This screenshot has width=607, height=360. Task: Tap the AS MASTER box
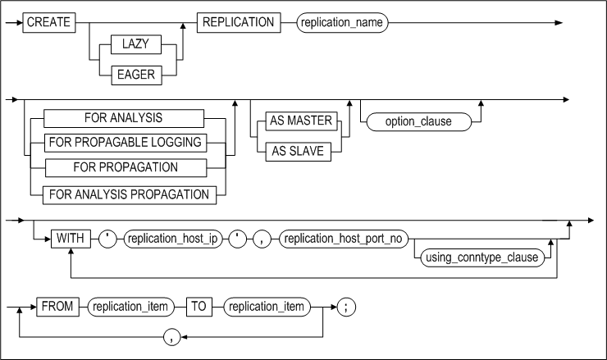[x=299, y=121]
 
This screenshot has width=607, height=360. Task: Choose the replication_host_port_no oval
[x=345, y=239]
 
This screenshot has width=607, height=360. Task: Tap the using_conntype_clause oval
[x=481, y=257]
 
